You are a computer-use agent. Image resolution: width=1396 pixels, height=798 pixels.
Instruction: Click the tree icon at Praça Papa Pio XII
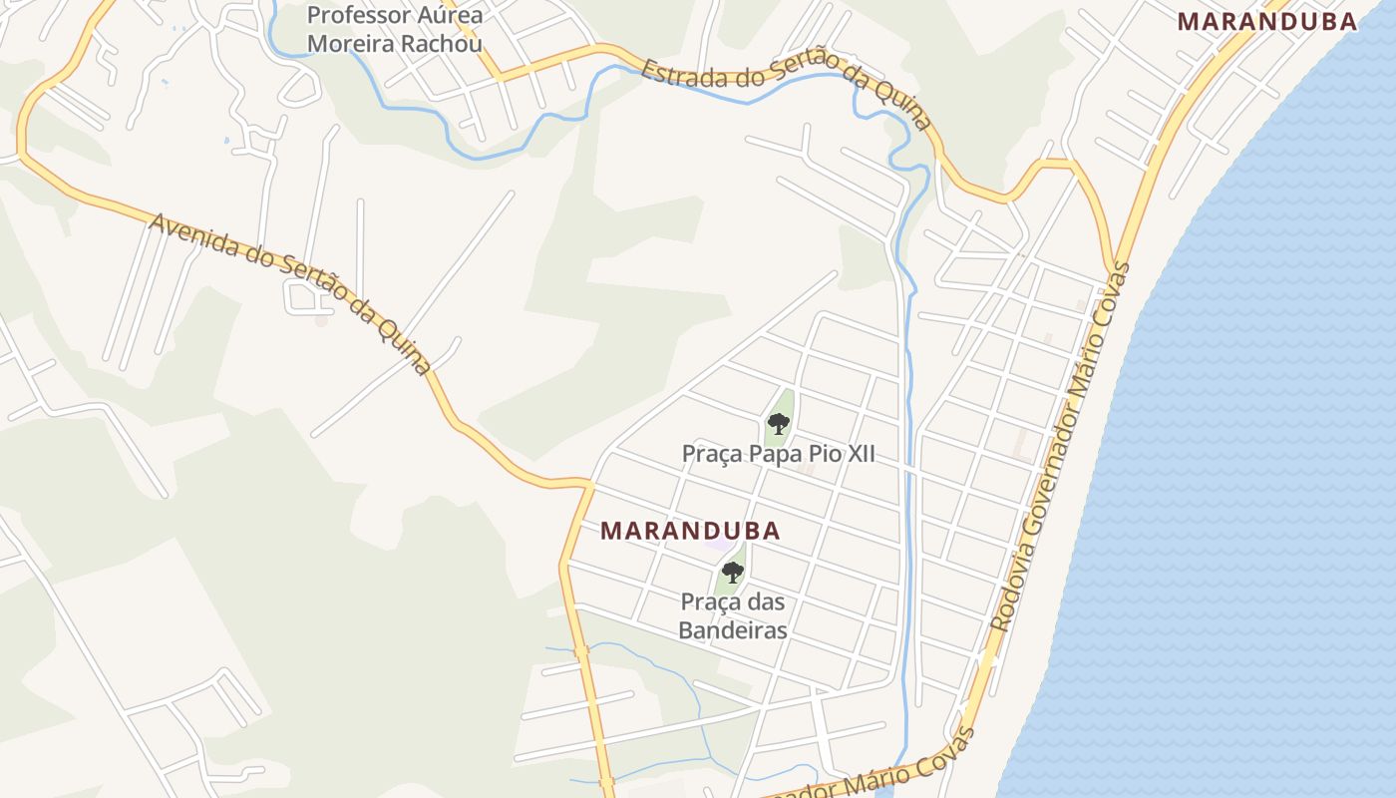tap(779, 424)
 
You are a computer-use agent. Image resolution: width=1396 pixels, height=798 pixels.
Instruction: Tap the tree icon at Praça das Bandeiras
tap(733, 573)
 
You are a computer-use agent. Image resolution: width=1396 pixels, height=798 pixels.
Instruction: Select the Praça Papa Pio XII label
tap(778, 454)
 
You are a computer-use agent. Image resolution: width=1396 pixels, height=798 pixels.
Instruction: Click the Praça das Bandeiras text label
tap(733, 616)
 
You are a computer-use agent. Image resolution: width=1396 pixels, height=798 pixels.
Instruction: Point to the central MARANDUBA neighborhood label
tap(690, 531)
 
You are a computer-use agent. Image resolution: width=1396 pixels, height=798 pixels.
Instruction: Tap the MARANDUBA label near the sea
tap(1266, 21)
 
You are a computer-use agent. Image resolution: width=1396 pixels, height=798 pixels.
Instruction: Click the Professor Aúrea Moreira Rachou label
tap(395, 30)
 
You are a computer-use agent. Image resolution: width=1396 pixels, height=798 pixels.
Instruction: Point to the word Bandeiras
tap(733, 630)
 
